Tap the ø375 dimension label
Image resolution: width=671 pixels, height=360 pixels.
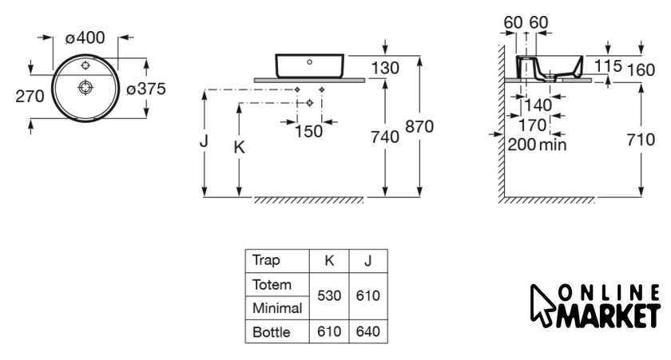[x=146, y=89]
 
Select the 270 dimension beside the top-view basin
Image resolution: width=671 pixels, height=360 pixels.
[x=30, y=97]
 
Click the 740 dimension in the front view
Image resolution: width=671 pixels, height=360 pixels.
[x=385, y=137]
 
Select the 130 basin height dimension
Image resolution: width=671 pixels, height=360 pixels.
[x=385, y=69]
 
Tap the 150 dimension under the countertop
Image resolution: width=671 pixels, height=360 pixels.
[x=309, y=132]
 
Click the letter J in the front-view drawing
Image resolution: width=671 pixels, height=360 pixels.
[x=204, y=141]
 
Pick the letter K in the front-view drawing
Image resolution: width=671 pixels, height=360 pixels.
[x=238, y=148]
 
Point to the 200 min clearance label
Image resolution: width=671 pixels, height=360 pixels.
[x=537, y=144]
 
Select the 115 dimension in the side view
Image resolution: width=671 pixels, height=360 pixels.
[x=609, y=65]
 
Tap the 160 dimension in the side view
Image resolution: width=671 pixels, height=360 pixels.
[x=641, y=69]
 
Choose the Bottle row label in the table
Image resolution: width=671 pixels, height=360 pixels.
[x=271, y=332]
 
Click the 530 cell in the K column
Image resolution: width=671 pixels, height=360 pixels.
[x=329, y=295]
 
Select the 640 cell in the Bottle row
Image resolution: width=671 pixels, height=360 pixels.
[x=367, y=332]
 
